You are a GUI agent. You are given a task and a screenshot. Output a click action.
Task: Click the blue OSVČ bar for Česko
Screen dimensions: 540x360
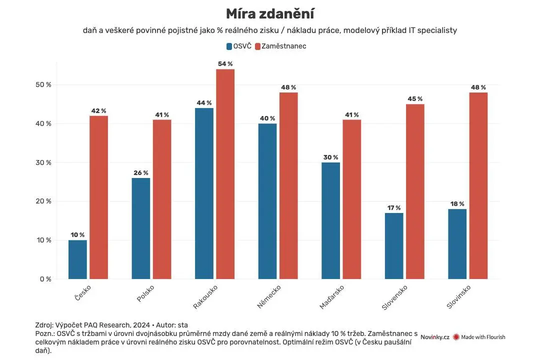pyautogui.click(x=77, y=259)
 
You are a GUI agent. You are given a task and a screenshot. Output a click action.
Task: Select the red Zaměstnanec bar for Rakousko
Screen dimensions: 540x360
pyautogui.click(x=225, y=174)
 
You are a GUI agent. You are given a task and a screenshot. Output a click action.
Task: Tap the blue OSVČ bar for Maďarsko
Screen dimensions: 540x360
pyautogui.click(x=330, y=220)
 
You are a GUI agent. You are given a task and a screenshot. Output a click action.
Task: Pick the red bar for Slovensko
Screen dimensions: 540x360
pyautogui.click(x=415, y=191)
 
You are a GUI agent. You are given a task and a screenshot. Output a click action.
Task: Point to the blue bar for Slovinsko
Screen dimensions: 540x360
pyautogui.click(x=457, y=244)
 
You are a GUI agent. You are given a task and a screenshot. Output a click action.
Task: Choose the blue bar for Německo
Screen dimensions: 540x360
pyautogui.click(x=267, y=201)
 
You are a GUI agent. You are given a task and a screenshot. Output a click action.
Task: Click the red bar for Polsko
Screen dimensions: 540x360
pyautogui.click(x=162, y=199)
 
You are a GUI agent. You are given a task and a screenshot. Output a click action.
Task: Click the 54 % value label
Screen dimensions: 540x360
pyautogui.click(x=225, y=63)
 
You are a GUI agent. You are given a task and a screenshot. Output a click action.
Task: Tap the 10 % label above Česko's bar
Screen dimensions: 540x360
pyautogui.click(x=77, y=235)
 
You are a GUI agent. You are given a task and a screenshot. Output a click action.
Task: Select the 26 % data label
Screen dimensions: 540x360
pyautogui.click(x=141, y=172)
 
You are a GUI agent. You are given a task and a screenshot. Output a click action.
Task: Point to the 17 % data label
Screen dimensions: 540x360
pyautogui.click(x=394, y=207)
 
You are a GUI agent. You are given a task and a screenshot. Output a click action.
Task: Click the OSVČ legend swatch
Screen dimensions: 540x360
pyautogui.click(x=229, y=46)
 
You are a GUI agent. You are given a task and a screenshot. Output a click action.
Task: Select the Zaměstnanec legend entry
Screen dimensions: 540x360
pyautogui.click(x=280, y=46)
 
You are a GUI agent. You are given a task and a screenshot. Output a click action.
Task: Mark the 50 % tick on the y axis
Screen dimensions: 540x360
pyautogui.click(x=43, y=84)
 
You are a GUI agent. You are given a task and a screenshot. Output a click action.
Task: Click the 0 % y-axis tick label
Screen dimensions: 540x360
pyautogui.click(x=45, y=279)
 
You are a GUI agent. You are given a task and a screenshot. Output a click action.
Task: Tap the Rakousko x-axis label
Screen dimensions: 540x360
pyautogui.click(x=205, y=296)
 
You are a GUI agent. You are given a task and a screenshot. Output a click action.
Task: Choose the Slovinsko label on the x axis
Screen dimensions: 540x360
pyautogui.click(x=458, y=296)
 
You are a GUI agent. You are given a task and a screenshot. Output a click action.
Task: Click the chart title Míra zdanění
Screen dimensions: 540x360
pyautogui.click(x=270, y=14)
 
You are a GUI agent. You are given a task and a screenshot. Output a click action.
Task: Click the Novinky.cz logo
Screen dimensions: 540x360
pyautogui.click(x=434, y=337)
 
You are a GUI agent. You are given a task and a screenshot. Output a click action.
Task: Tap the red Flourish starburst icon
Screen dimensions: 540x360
pyautogui.click(x=456, y=337)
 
